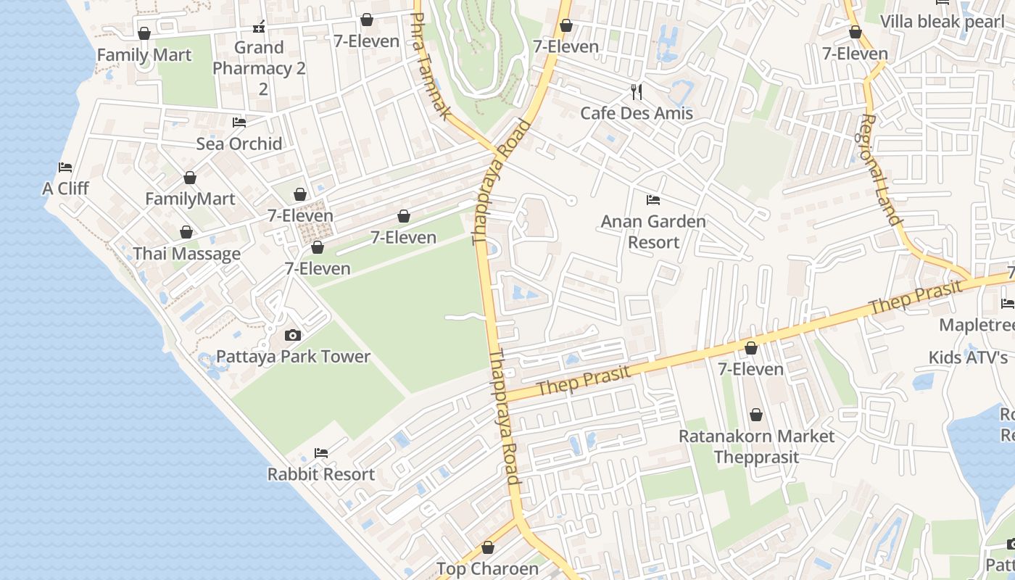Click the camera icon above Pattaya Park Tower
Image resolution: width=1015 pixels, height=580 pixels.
tap(293, 335)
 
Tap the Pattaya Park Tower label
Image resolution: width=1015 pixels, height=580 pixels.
tap(293, 357)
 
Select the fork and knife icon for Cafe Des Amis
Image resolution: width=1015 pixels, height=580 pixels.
tap(637, 91)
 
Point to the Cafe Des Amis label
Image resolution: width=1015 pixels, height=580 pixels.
tap(637, 113)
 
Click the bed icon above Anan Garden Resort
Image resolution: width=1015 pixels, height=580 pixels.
tap(653, 199)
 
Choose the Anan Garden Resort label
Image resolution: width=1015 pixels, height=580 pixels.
tap(653, 231)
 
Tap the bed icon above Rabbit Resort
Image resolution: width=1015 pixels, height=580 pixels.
tap(321, 453)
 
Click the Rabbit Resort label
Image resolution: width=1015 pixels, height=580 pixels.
tap(321, 475)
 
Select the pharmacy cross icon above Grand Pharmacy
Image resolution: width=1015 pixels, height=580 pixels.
tap(259, 28)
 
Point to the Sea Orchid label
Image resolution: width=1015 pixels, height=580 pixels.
tap(239, 144)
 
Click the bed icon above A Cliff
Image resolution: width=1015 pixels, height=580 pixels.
tap(65, 167)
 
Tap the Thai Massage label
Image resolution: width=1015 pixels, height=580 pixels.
tap(186, 254)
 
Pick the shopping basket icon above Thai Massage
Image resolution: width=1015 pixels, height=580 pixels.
tap(186, 232)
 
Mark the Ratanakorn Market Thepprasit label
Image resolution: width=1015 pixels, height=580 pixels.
tap(756, 447)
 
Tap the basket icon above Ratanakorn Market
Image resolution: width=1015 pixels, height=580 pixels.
tap(756, 415)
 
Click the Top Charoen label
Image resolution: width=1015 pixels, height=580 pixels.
tap(487, 569)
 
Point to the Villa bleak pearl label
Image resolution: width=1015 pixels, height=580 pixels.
tap(942, 21)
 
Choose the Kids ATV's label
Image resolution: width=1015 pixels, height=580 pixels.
tap(968, 357)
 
